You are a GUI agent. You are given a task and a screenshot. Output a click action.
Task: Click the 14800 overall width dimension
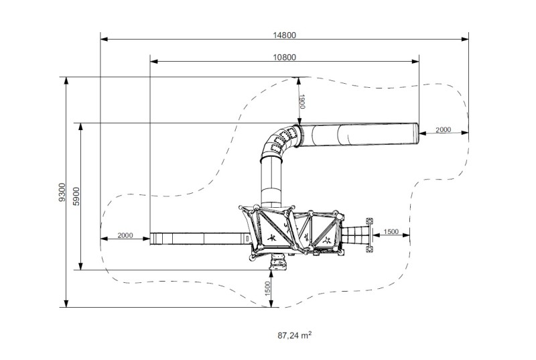click(284, 36)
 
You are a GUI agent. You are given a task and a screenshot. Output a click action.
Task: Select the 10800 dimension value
click(284, 57)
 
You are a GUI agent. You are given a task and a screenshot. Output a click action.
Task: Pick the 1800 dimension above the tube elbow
click(303, 102)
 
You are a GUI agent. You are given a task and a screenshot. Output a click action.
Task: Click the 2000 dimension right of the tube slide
click(444, 129)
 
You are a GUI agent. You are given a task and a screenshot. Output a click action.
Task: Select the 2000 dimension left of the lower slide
click(125, 235)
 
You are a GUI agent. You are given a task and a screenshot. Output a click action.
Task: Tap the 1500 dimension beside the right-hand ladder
click(391, 231)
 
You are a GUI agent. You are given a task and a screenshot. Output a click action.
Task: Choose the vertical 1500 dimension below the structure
click(267, 289)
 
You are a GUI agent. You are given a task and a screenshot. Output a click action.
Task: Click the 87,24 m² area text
click(293, 333)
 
